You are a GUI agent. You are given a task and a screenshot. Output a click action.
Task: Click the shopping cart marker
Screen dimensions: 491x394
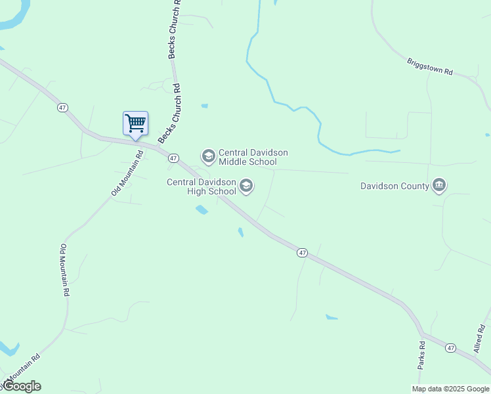coord(135,123)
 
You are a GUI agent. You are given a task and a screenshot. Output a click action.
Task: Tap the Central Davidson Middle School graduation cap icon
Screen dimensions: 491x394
coord(209,156)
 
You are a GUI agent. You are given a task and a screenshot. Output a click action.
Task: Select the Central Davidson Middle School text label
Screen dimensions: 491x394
coord(253,157)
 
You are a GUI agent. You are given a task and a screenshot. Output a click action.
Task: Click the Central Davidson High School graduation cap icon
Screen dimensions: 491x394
coord(246,186)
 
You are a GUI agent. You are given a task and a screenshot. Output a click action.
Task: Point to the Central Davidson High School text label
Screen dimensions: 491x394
coord(202,187)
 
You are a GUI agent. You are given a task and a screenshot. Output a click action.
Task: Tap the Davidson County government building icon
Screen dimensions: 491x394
coord(439,186)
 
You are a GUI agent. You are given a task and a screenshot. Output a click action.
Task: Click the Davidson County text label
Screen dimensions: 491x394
coord(395,186)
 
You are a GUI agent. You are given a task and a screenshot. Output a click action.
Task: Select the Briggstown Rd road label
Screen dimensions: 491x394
coord(430,66)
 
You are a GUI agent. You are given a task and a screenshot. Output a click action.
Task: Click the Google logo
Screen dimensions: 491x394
coord(22,386)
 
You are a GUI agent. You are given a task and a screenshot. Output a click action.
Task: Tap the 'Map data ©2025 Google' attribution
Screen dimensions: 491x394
coord(451,389)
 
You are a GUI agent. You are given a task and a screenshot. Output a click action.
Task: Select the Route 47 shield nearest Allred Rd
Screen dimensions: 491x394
coord(450,347)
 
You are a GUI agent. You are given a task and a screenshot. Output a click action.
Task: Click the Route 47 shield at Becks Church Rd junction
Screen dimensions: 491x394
coord(173,158)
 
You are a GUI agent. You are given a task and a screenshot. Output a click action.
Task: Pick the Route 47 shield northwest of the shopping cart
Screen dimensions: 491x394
coord(62,108)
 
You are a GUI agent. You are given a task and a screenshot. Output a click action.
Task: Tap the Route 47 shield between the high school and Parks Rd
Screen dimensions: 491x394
coord(302,253)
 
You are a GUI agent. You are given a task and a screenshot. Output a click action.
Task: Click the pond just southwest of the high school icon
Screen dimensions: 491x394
coord(202,210)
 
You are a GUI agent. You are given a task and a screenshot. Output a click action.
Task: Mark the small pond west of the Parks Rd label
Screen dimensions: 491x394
coord(331,318)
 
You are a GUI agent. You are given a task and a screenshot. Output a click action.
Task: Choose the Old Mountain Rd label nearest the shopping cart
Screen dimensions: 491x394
coord(127,174)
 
